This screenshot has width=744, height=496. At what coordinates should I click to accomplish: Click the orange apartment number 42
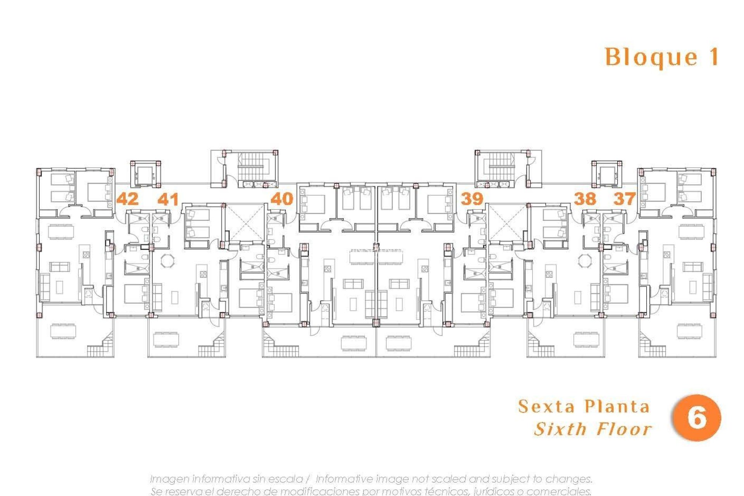127,199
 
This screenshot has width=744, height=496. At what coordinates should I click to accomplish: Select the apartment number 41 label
168,199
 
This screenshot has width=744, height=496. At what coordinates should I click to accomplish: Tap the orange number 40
282,199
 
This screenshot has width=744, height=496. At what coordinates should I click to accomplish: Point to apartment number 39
472,199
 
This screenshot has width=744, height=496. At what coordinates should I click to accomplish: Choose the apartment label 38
585,199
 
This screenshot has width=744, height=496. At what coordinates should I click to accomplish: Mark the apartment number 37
624,199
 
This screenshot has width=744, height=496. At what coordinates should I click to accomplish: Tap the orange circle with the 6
697,418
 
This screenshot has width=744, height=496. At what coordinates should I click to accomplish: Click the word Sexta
547,406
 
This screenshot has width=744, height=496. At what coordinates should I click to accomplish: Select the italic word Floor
624,429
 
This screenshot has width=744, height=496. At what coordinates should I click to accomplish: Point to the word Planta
617,406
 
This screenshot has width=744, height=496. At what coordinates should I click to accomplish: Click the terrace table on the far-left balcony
63,331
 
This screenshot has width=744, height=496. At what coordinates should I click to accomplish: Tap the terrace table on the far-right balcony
689,331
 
